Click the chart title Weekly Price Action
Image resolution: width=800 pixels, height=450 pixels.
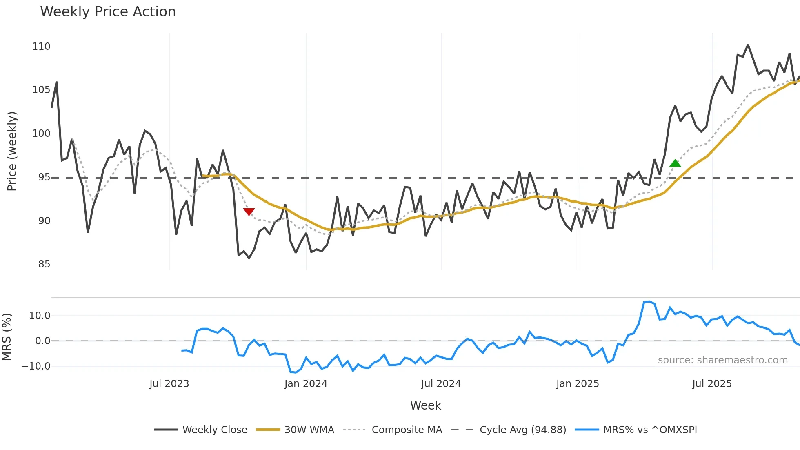[x=108, y=12]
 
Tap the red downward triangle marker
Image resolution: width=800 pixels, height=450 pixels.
[x=249, y=212]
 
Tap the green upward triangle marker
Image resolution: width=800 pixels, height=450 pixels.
[x=675, y=163]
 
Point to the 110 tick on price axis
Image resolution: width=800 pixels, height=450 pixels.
[x=41, y=47]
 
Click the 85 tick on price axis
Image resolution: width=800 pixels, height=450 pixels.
[x=44, y=264]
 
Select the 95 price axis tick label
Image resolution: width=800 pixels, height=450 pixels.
[x=44, y=177]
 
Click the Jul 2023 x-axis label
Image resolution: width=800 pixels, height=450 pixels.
[x=169, y=384]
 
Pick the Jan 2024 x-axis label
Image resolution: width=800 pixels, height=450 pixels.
[x=306, y=384]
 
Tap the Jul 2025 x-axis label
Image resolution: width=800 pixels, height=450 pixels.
[x=712, y=384]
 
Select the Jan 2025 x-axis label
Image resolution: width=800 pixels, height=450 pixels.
[x=577, y=384]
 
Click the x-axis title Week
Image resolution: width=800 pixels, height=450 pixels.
[x=425, y=405]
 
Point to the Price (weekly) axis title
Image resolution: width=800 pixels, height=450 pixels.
[x=12, y=151]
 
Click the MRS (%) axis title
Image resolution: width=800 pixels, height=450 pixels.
[x=7, y=337]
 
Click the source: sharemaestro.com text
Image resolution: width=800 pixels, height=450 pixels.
[x=722, y=360]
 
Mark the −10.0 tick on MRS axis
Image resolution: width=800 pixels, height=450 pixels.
[x=36, y=366]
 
